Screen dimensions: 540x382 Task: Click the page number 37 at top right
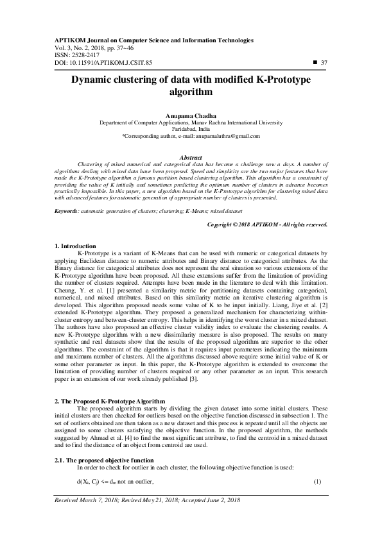324,62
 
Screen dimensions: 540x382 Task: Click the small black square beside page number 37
315,62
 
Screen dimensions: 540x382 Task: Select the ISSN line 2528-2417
69,55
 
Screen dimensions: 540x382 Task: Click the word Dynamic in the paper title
103,81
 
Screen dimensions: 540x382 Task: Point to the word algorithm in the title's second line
190,92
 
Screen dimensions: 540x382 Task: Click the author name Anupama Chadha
191,114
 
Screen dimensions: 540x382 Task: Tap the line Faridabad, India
191,128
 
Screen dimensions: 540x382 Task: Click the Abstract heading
191,158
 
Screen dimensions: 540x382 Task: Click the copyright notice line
232,224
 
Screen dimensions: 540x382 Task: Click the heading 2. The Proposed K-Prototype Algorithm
110,401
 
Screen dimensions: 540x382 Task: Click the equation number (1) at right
317,481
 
